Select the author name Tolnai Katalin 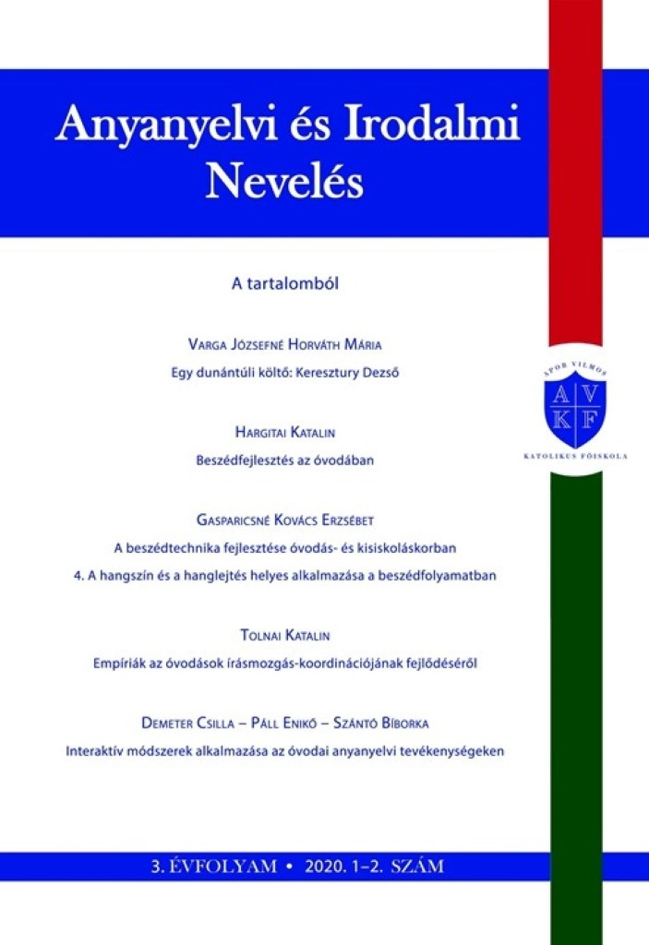click(284, 635)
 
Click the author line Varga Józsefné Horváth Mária click(284, 345)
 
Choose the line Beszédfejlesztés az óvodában click(284, 460)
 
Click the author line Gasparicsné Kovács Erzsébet click(284, 520)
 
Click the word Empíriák click(124, 663)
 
